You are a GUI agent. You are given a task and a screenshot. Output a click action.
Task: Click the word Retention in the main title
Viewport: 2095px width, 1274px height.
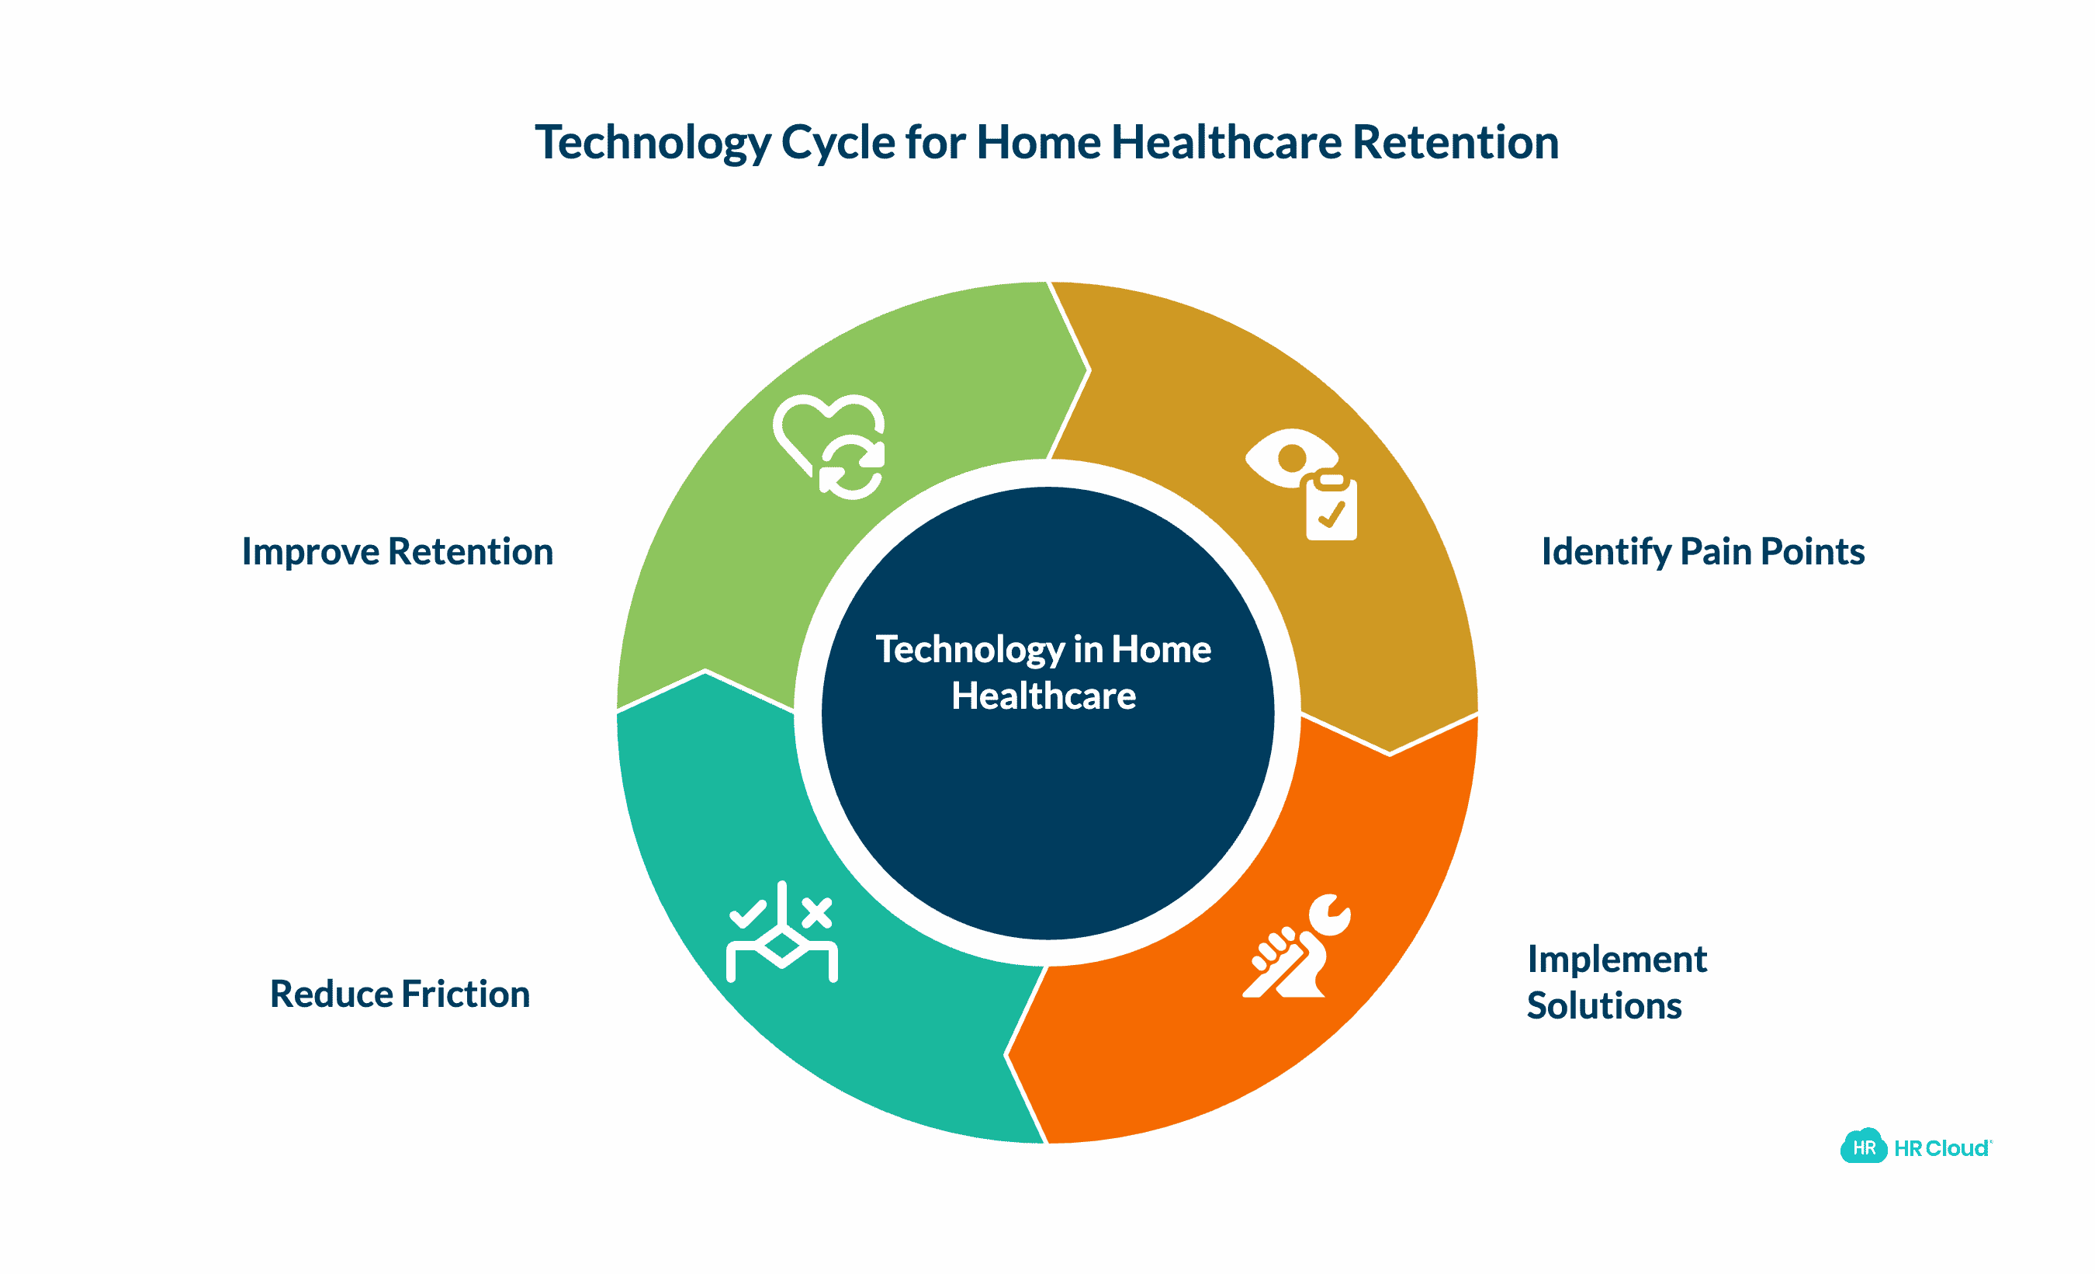tap(1455, 142)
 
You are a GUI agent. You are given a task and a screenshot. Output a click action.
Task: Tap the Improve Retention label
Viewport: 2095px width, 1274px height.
tap(397, 552)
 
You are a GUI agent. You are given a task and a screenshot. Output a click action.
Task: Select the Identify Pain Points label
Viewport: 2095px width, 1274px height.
tap(1702, 552)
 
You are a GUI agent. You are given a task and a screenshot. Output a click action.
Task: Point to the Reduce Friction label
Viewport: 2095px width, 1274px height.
tap(400, 995)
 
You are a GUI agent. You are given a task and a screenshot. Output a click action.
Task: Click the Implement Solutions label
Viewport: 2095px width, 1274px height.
tap(1615, 982)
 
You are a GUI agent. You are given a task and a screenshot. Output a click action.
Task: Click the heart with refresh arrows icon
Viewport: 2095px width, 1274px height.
tap(829, 446)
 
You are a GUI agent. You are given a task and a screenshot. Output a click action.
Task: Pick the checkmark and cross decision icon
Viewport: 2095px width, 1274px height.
tap(782, 933)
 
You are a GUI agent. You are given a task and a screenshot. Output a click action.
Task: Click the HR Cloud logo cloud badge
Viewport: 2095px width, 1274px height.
tap(1864, 1147)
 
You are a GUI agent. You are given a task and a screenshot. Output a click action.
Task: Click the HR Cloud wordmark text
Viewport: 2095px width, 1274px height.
tap(1942, 1149)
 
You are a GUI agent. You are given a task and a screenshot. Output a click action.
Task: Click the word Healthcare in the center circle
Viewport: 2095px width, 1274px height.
tap(1044, 696)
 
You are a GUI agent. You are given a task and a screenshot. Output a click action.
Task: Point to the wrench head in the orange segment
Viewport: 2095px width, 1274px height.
tap(1330, 915)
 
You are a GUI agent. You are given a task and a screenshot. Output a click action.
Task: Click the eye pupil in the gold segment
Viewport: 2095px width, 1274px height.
tap(1291, 458)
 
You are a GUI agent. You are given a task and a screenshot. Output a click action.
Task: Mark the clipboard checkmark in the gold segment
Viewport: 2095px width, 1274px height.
tap(1331, 515)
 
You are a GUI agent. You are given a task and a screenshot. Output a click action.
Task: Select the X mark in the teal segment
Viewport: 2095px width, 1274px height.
tap(816, 912)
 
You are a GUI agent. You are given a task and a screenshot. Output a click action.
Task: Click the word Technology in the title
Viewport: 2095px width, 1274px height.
tap(652, 142)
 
